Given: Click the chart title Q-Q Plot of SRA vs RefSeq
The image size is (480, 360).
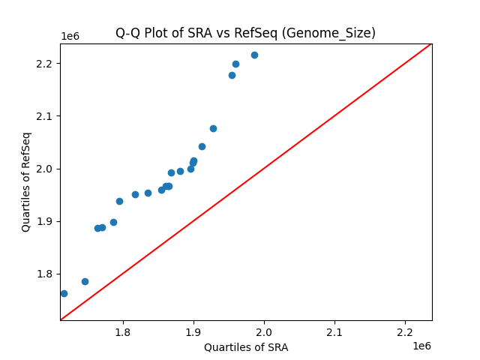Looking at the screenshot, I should click(x=245, y=33).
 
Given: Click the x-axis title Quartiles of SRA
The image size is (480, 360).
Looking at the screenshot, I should click(x=246, y=347).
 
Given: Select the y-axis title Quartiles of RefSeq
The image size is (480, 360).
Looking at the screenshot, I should click(x=26, y=181).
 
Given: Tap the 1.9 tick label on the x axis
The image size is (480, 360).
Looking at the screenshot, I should click(x=193, y=331).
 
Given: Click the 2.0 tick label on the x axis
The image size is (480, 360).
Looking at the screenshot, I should click(x=264, y=331).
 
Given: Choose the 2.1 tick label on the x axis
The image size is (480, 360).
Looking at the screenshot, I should click(x=334, y=331).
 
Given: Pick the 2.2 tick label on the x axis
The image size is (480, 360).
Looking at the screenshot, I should click(x=405, y=331).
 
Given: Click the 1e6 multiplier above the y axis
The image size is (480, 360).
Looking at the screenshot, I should click(x=70, y=37).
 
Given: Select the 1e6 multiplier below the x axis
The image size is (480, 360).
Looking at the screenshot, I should click(x=421, y=346).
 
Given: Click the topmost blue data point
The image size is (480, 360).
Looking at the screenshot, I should click(x=254, y=55).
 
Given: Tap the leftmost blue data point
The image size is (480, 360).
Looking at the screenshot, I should click(x=64, y=293).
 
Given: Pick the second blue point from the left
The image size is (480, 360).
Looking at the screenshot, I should click(x=85, y=281).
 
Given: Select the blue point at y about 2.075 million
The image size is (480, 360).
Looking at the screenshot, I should click(x=213, y=128).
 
